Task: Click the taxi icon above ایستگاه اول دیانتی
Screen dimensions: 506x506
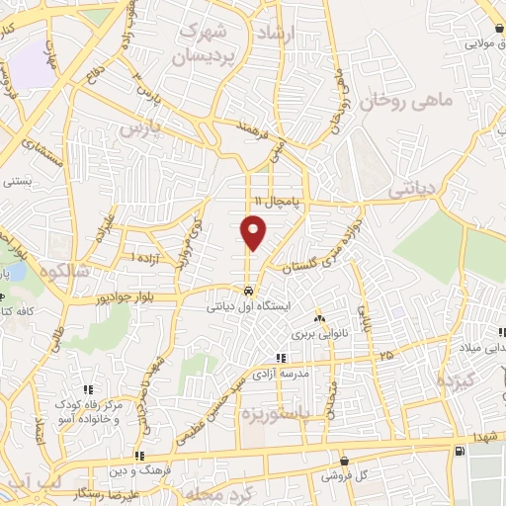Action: [248, 292]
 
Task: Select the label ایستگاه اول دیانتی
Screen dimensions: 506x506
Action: [248, 306]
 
